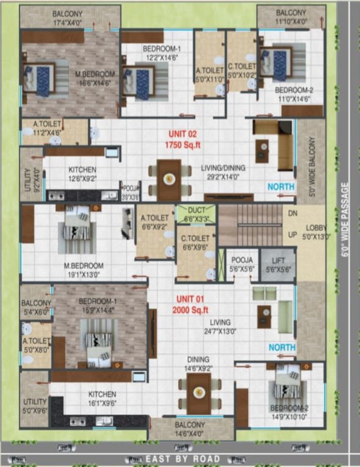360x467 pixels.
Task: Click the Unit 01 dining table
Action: click(x=198, y=392)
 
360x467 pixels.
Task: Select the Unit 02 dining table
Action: click(x=168, y=179)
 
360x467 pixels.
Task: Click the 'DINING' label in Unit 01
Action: click(x=198, y=359)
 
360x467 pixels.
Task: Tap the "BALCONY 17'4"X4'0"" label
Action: click(x=67, y=17)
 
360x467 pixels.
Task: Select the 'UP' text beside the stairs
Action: click(x=292, y=234)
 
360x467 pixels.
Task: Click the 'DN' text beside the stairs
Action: click(x=292, y=214)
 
